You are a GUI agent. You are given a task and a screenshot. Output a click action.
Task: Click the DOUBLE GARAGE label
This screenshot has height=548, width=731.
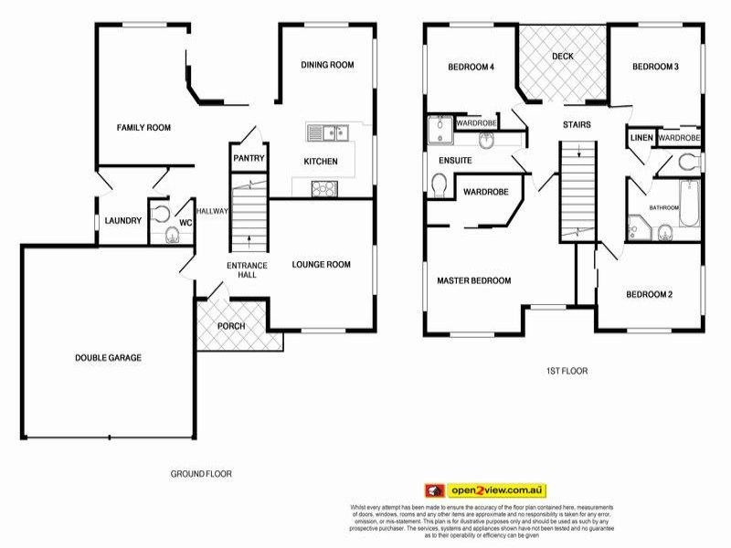(x=108, y=358)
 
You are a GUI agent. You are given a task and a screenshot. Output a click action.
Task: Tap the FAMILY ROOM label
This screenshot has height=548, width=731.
(x=143, y=128)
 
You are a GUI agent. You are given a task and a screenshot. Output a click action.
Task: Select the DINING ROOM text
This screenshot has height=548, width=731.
(x=327, y=65)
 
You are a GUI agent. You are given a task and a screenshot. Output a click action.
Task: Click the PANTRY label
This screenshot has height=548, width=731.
(x=249, y=158)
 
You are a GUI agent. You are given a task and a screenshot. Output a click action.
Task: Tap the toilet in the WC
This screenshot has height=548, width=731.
(x=171, y=236)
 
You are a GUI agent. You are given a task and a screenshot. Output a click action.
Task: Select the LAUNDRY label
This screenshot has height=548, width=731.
(x=122, y=220)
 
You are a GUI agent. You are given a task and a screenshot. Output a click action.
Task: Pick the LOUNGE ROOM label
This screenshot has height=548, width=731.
(x=322, y=265)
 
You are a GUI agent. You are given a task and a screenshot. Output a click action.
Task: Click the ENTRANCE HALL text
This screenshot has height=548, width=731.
(x=248, y=271)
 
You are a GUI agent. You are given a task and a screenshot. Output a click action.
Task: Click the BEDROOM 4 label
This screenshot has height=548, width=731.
(x=471, y=67)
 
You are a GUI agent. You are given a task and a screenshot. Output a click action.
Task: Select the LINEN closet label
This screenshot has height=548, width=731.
(x=641, y=138)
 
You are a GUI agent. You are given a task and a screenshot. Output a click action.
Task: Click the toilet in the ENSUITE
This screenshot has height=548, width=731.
(x=439, y=187)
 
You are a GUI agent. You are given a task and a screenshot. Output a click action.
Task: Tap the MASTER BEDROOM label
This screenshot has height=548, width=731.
(x=473, y=280)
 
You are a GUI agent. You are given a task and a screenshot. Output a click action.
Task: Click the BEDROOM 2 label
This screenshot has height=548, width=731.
(x=649, y=294)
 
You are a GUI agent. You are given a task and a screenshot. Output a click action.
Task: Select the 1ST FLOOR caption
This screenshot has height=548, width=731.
(x=566, y=371)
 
